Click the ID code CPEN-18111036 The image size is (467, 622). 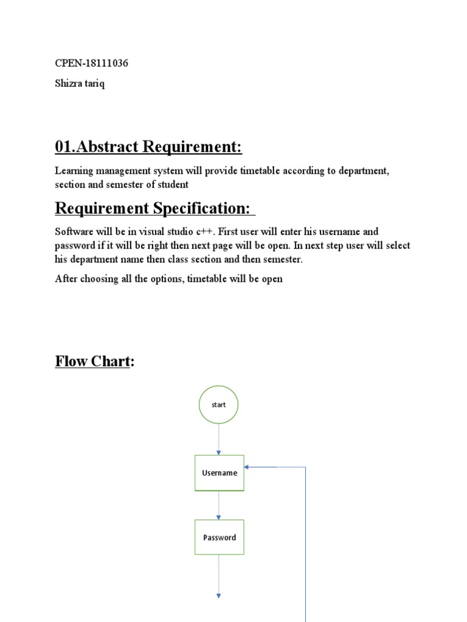click(x=91, y=63)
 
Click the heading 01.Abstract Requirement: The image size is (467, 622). click(x=148, y=147)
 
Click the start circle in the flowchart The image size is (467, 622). click(x=218, y=405)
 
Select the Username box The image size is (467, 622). click(x=219, y=473)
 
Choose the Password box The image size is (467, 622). click(x=219, y=537)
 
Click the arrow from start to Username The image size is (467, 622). click(x=218, y=439)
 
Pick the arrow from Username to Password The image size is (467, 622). click(x=219, y=505)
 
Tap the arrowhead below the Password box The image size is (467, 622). click(x=218, y=595)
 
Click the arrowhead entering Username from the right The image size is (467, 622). click(x=247, y=467)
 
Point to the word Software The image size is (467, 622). click(x=74, y=232)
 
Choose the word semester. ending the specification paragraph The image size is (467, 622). click(x=283, y=259)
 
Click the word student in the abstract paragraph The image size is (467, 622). click(x=173, y=185)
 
